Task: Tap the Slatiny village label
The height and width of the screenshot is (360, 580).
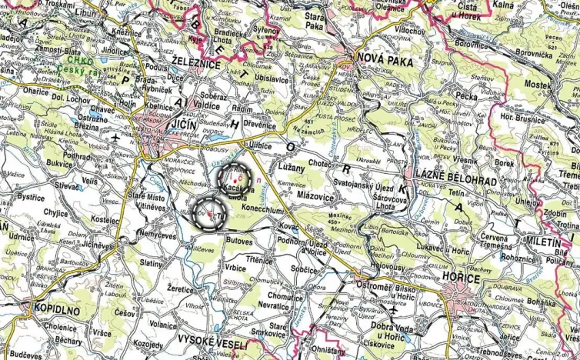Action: (152, 263)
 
